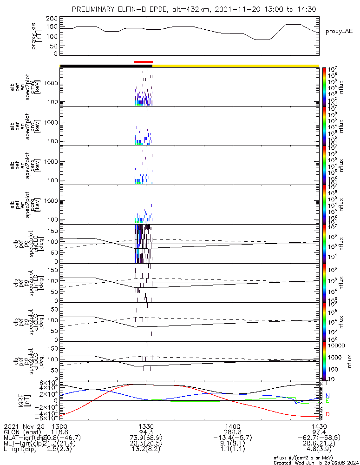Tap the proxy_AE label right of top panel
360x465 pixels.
point(339,31)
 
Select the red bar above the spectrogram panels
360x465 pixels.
point(143,61)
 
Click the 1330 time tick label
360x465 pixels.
point(146,426)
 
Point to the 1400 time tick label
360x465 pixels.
point(232,426)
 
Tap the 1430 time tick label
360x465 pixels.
point(319,426)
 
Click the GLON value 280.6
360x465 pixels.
point(232,432)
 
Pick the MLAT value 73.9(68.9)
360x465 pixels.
point(146,438)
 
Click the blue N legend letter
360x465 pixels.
point(327,395)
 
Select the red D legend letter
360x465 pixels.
point(327,414)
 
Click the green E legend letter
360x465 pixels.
point(327,401)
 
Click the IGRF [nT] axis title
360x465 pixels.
point(41,400)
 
